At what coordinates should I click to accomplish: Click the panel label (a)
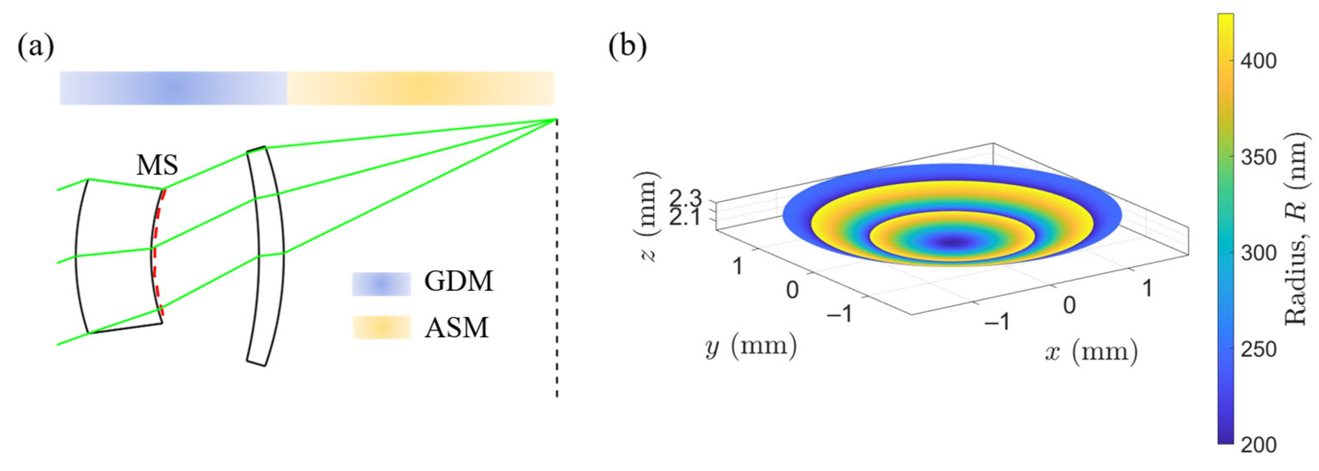click(x=36, y=49)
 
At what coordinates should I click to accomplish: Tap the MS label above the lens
click(x=157, y=165)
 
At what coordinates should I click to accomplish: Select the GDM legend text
click(x=458, y=282)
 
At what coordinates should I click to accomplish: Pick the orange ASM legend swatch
click(x=382, y=327)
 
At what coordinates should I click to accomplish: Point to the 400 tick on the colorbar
click(x=1258, y=61)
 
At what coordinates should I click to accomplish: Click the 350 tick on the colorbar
click(x=1258, y=157)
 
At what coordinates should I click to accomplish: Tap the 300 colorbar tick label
click(x=1258, y=253)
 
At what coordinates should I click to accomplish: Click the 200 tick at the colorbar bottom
click(x=1258, y=445)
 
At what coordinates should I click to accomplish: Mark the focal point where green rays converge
click(x=556, y=120)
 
